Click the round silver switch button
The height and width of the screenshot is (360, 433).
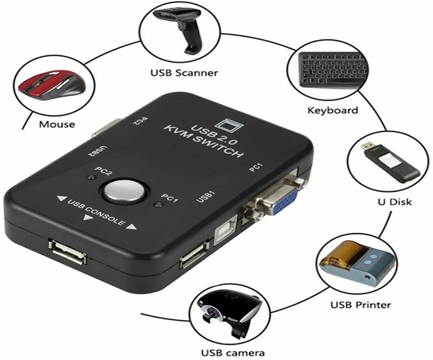[124, 191]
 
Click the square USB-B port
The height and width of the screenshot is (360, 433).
[226, 230]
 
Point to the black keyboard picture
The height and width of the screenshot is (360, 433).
[333, 70]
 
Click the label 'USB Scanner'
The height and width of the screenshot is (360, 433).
[184, 73]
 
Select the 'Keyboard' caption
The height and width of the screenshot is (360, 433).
[333, 110]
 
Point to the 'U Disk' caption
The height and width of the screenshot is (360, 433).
[395, 202]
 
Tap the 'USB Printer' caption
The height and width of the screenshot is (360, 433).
[361, 305]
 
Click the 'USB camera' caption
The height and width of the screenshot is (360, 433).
[233, 352]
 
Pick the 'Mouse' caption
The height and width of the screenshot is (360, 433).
[57, 124]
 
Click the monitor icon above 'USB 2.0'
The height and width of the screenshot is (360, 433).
[229, 124]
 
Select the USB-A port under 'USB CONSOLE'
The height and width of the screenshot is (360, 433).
[67, 251]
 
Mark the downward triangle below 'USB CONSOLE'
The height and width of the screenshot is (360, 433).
[88, 218]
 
